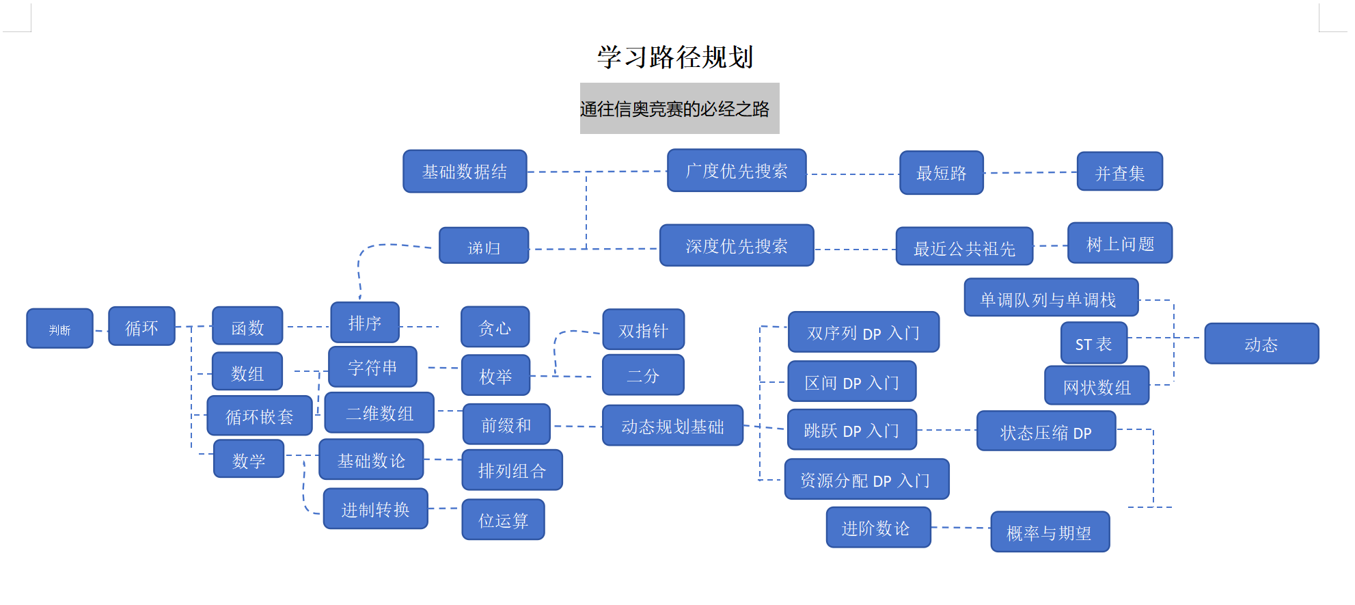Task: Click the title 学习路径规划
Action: click(x=675, y=57)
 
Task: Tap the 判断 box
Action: click(x=59, y=329)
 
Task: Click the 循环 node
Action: click(x=141, y=327)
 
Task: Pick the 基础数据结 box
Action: click(x=465, y=172)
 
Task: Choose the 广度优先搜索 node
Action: click(x=737, y=171)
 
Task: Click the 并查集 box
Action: click(x=1119, y=172)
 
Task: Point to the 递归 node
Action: click(x=484, y=246)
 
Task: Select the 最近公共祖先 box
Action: click(x=964, y=247)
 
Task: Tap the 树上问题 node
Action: click(x=1120, y=243)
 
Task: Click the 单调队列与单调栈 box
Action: click(x=1051, y=298)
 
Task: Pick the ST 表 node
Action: click(x=1093, y=343)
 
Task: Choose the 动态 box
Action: click(x=1261, y=344)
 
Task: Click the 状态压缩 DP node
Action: click(x=1045, y=431)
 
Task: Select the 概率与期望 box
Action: click(x=1050, y=532)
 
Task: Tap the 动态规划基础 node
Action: click(x=672, y=426)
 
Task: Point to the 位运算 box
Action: click(x=503, y=520)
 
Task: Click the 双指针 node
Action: click(x=643, y=330)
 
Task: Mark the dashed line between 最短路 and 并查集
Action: click(x=1030, y=173)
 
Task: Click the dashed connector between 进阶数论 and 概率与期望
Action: click(x=961, y=528)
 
